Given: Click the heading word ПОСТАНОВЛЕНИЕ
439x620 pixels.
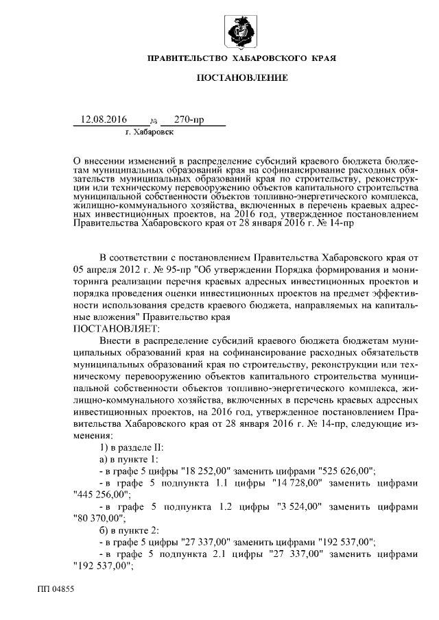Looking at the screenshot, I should tap(242, 79).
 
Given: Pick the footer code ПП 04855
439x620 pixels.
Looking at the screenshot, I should tap(56, 588).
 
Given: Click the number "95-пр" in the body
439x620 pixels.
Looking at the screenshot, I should tap(181, 269).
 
